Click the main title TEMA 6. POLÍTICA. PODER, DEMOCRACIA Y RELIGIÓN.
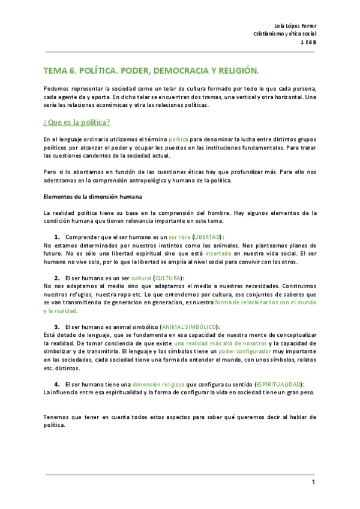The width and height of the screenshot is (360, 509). (x=152, y=71)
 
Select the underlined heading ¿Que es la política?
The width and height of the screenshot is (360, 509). (x=76, y=122)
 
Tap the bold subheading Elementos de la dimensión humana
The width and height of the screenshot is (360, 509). (x=93, y=196)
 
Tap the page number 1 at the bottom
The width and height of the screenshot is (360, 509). (x=313, y=483)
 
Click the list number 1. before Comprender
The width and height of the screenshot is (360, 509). (x=58, y=237)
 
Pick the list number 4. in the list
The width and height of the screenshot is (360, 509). (x=58, y=384)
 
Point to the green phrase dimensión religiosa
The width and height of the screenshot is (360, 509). (x=159, y=384)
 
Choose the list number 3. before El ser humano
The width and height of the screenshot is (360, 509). (x=58, y=327)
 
